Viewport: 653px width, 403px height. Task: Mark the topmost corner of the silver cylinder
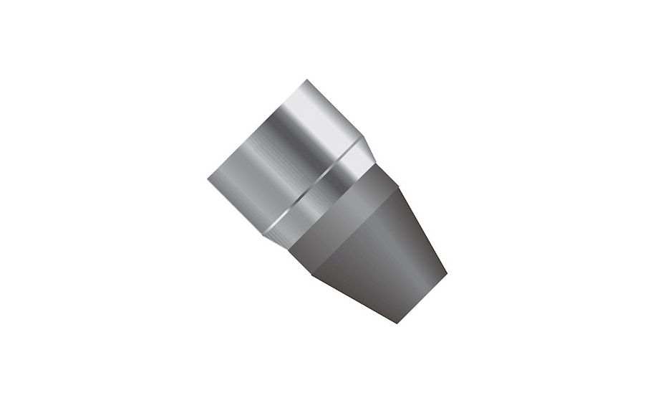click(306, 80)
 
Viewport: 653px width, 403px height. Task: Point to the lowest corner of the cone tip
click(397, 323)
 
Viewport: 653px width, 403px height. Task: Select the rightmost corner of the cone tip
click(446, 274)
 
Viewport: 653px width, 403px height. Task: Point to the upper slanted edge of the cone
click(422, 229)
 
